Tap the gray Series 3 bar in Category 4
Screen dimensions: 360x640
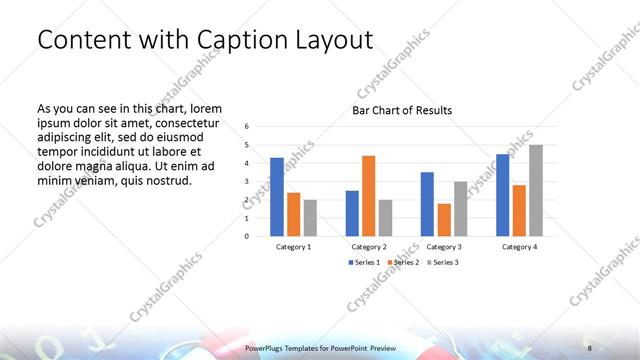tap(536, 190)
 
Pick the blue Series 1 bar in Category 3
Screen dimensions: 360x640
tap(427, 204)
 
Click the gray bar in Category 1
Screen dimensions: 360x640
tap(310, 218)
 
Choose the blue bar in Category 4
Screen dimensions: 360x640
tap(503, 195)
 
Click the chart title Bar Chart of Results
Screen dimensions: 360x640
tap(402, 110)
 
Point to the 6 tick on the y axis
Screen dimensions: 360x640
tap(246, 126)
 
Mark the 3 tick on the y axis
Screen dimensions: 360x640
tap(246, 181)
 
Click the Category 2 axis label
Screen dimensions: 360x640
tap(368, 246)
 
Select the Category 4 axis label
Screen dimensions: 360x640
tap(519, 246)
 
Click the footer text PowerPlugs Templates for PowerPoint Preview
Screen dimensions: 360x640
tap(320, 347)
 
